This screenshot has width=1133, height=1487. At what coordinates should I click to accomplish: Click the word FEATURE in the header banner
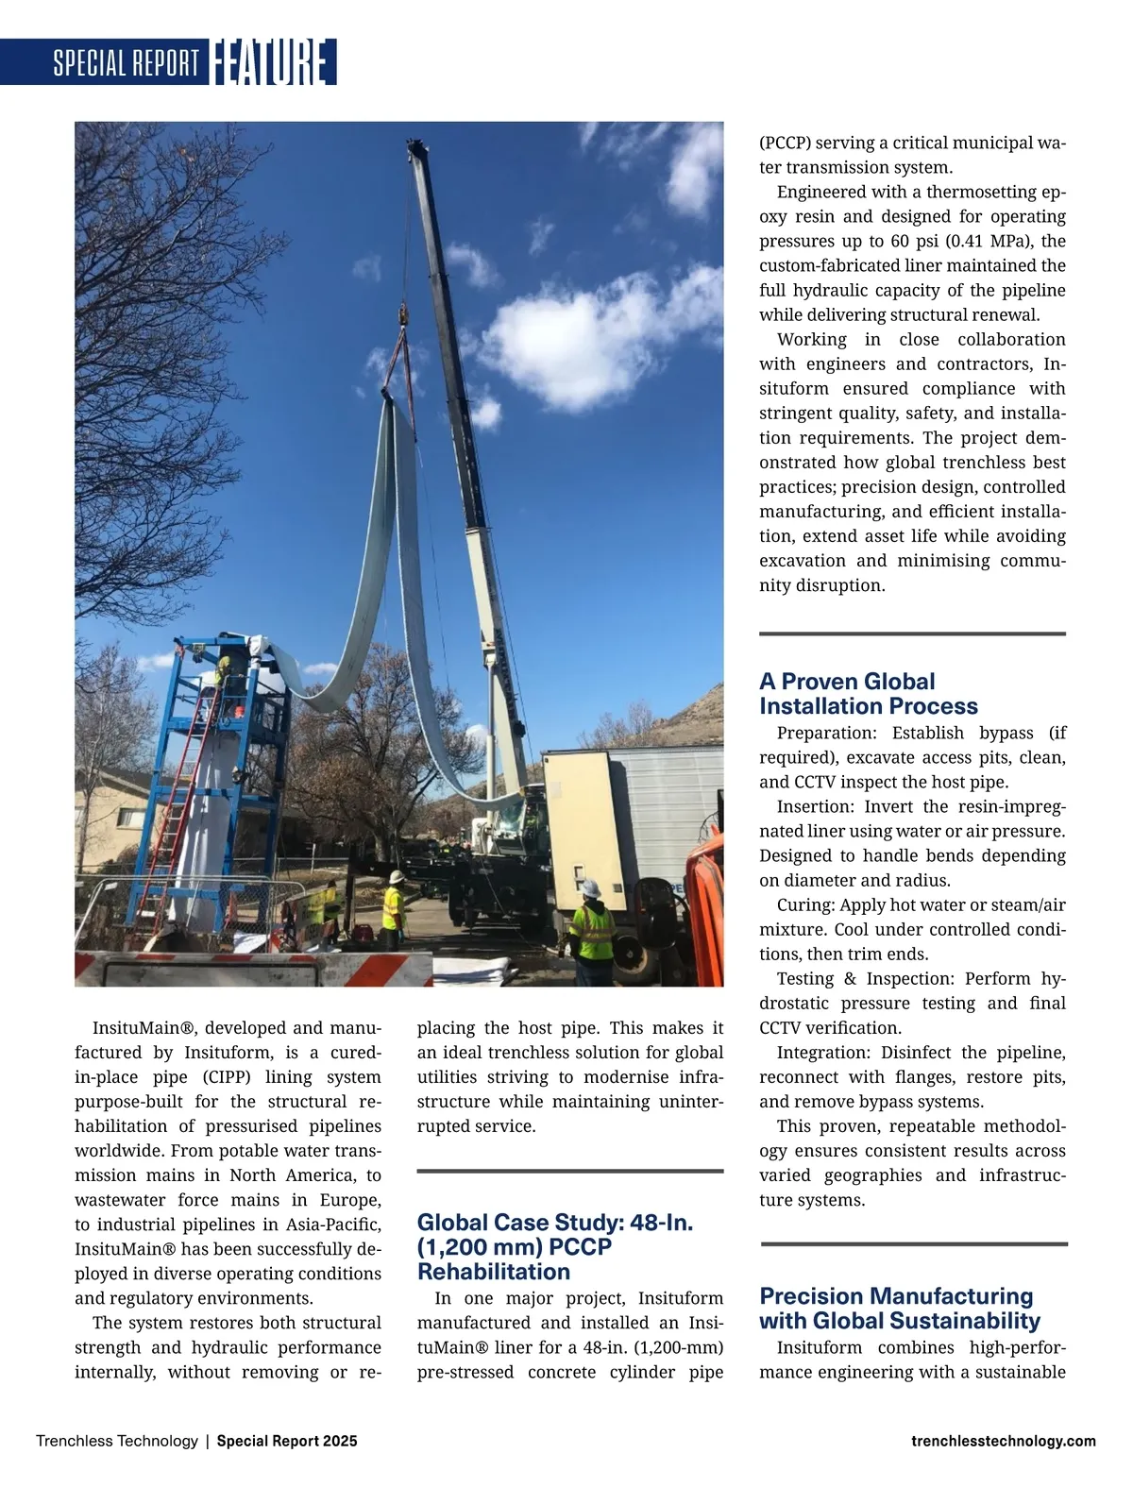click(x=272, y=62)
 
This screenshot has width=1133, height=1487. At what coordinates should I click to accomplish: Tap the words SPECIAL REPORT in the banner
click(x=126, y=63)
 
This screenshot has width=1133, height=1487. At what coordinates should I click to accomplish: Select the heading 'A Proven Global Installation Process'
click(x=868, y=694)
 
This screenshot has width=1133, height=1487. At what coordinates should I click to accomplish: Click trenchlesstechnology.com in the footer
click(x=1004, y=1441)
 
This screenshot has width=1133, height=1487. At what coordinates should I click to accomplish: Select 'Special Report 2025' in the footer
click(x=287, y=1441)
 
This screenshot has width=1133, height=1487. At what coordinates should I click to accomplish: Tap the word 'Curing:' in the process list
click(x=804, y=904)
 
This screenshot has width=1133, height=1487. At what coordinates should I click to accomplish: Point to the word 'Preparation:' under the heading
click(x=829, y=733)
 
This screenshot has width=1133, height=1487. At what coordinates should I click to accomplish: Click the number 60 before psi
click(x=900, y=241)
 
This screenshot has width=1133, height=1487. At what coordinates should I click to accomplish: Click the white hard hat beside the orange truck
click(x=590, y=887)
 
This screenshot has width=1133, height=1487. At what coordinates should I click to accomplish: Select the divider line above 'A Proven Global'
click(x=912, y=634)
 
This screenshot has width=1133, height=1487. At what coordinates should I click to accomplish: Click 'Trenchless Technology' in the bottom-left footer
click(x=117, y=1441)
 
